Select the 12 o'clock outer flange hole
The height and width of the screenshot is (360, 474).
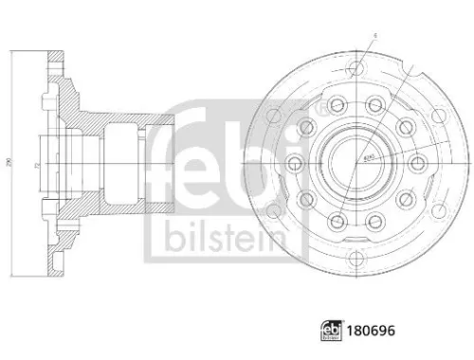pos(356,68)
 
